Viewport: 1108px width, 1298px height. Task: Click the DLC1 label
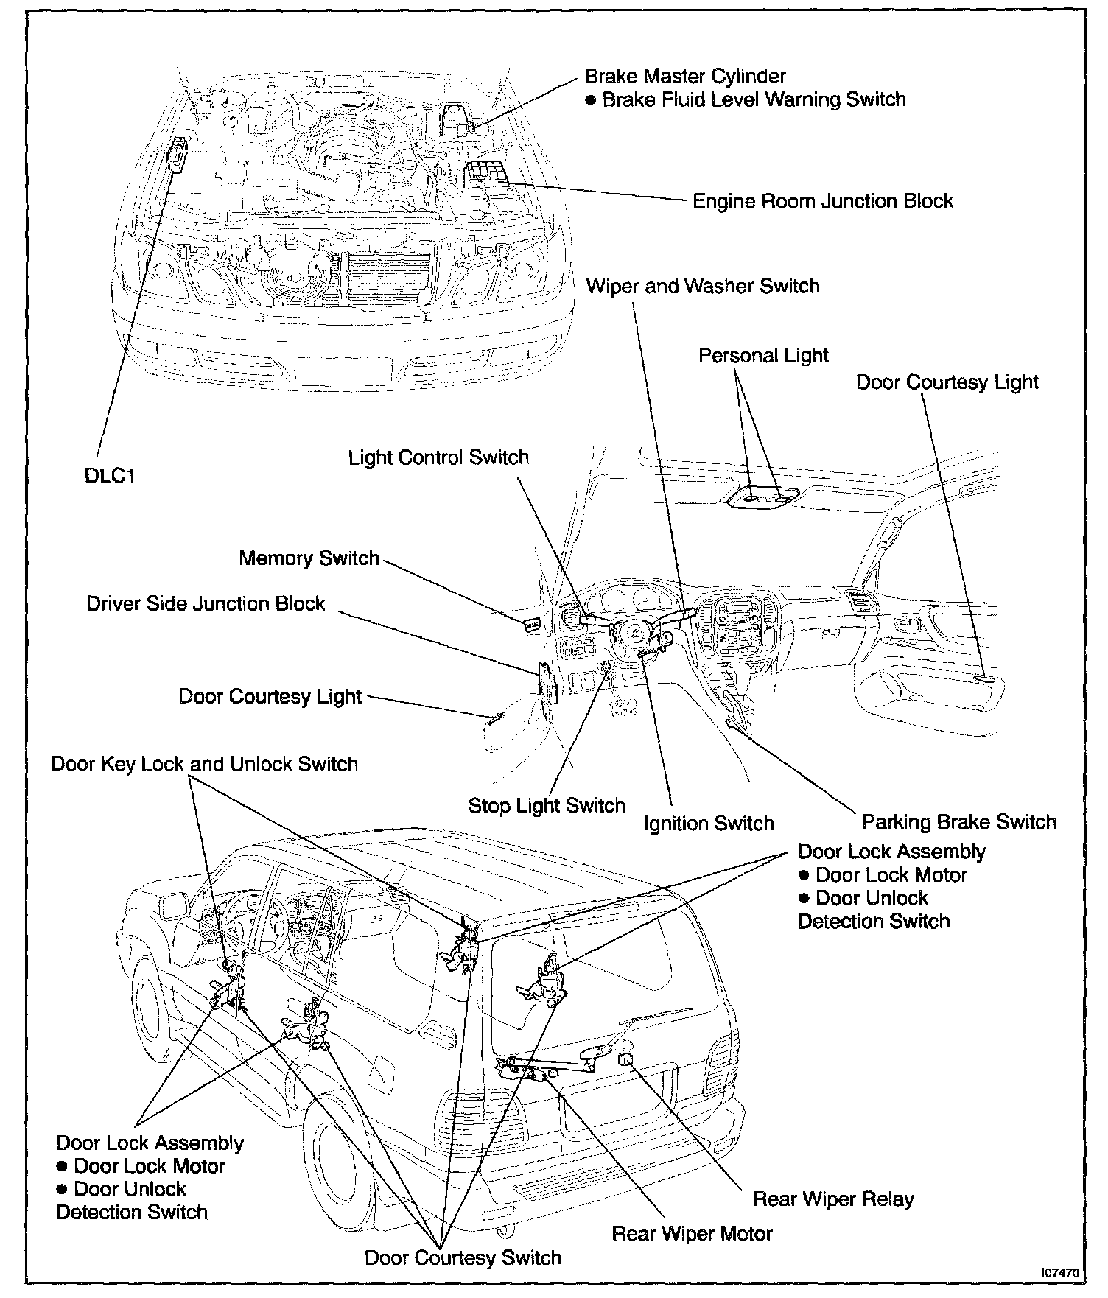(x=110, y=476)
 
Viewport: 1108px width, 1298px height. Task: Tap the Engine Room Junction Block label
(x=822, y=201)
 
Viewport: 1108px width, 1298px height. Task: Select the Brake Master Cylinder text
(x=684, y=76)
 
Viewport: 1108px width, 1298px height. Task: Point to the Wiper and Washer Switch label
(x=702, y=286)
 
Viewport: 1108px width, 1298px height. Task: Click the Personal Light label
(x=763, y=355)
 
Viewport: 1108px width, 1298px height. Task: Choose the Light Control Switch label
(x=438, y=457)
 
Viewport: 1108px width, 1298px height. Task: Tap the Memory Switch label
(x=309, y=558)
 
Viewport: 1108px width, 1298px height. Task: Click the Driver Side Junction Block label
(x=206, y=603)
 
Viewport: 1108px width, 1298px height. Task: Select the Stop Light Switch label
(x=546, y=805)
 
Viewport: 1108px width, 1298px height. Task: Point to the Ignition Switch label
(x=708, y=823)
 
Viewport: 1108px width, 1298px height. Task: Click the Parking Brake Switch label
(x=958, y=821)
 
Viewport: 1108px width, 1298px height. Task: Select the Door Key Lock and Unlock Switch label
(x=204, y=764)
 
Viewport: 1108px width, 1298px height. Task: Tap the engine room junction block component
(x=487, y=174)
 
